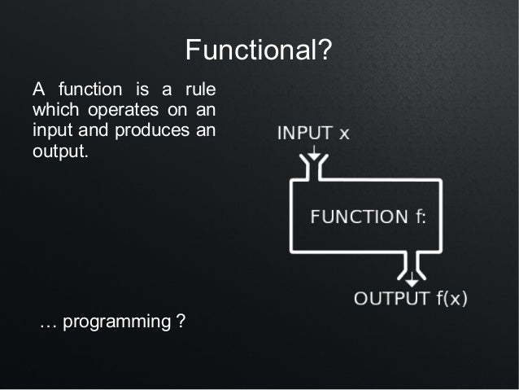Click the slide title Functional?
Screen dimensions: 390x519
(x=259, y=51)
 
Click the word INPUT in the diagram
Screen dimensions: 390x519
(x=302, y=133)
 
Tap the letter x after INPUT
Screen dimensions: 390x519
(x=344, y=134)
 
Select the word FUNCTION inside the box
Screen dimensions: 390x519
(x=359, y=217)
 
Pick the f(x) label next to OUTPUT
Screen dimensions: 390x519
(x=450, y=298)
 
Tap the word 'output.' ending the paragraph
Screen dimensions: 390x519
(x=59, y=152)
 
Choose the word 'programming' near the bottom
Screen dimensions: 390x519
(x=116, y=322)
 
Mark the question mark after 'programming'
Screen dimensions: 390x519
(x=180, y=322)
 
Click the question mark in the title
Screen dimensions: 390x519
(x=324, y=51)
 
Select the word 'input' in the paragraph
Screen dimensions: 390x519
(x=50, y=131)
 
